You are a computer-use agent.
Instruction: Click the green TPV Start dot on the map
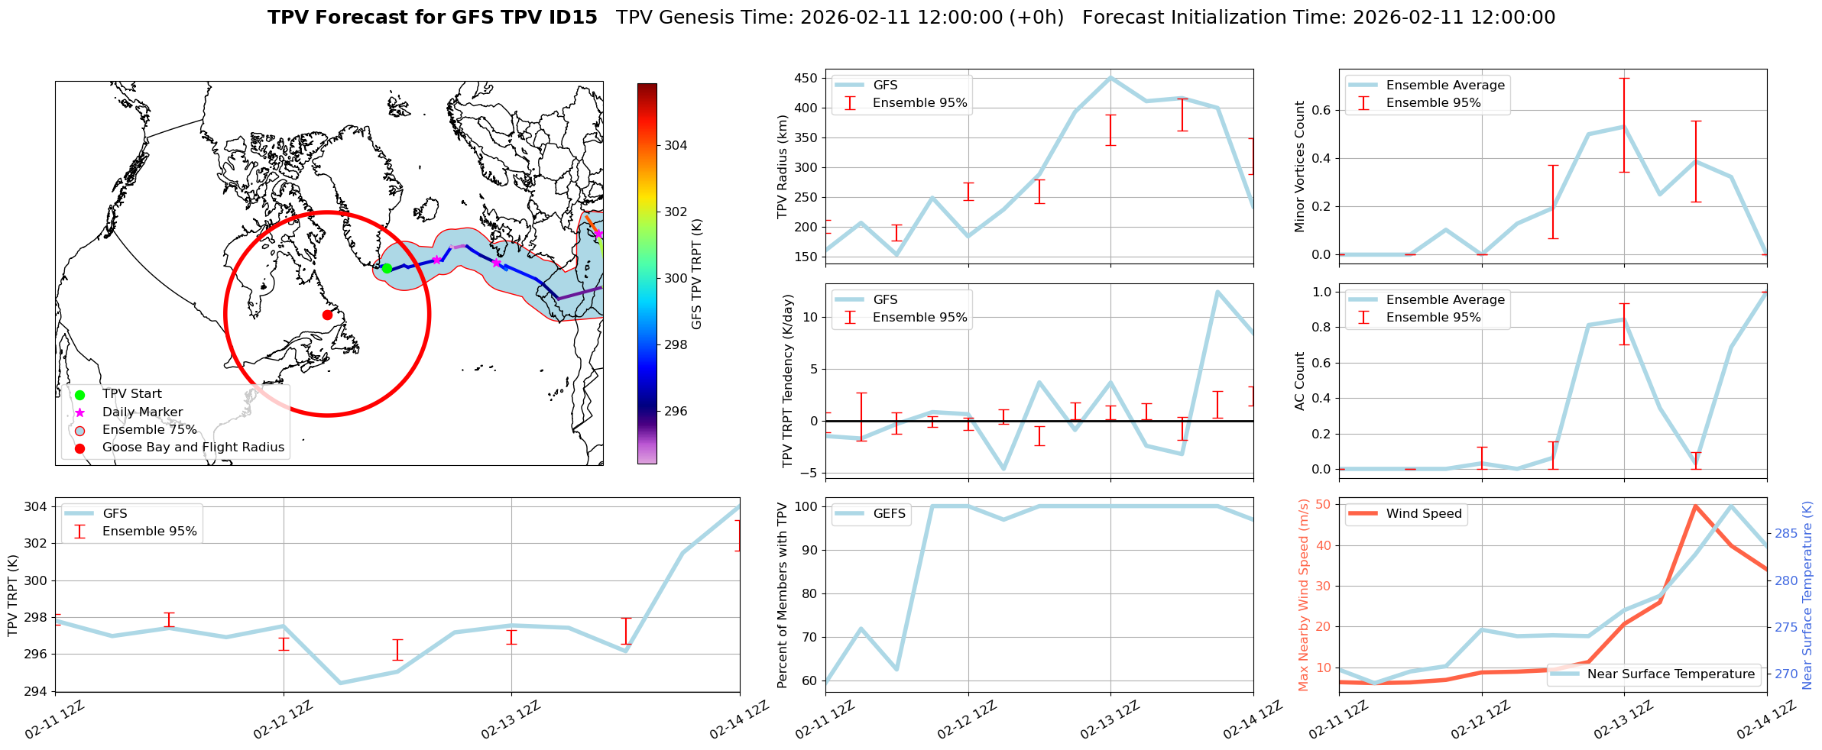387,268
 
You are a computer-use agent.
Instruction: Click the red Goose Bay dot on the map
327,315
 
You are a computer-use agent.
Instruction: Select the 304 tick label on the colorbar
676,145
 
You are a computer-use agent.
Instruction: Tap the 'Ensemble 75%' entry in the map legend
149,430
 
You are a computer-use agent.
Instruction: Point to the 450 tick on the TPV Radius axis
806,78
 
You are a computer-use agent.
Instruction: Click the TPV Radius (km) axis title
783,166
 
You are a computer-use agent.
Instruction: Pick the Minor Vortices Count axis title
1300,166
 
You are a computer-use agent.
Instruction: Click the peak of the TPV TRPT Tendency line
1217,291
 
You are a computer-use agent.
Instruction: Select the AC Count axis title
1300,381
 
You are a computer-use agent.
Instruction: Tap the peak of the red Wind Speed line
1695,506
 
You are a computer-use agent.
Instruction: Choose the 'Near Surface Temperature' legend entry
1671,674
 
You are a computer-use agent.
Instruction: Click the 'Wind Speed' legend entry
1424,514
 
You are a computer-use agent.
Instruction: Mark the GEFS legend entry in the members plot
889,514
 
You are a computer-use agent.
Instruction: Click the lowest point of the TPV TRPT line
340,683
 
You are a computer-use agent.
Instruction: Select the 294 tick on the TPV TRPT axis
37,691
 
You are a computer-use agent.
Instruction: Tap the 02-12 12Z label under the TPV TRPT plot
283,720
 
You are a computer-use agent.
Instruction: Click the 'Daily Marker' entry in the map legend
142,412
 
